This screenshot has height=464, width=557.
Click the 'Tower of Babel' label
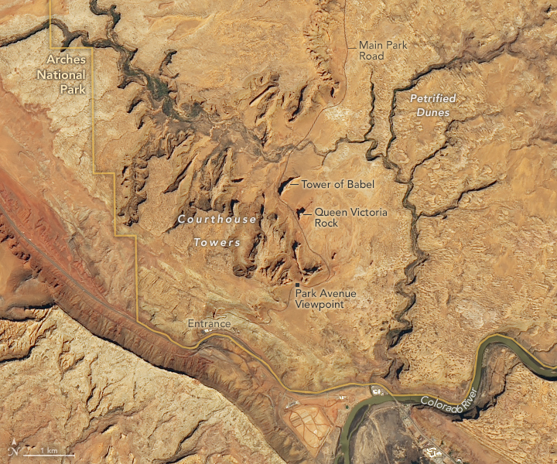tap(337, 184)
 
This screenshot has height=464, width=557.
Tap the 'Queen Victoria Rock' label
tap(351, 217)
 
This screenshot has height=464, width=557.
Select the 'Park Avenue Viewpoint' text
tap(320, 299)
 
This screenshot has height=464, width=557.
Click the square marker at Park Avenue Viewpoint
tap(297, 285)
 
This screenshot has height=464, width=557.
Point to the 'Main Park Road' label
tap(383, 50)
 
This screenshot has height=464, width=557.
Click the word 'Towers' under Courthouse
tap(217, 242)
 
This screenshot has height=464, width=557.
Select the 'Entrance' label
tap(209, 323)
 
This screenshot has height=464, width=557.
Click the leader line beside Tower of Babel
tap(292, 184)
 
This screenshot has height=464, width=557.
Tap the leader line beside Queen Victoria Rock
tap(306, 211)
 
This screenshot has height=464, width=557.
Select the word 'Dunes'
tap(432, 112)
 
